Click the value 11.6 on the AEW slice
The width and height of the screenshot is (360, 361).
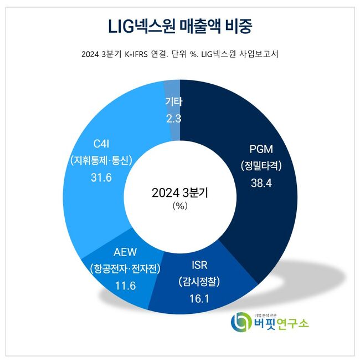pyautogui.click(x=125, y=287)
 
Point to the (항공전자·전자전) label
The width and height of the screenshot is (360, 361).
pyautogui.click(x=125, y=270)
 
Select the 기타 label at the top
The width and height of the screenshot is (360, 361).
pyautogui.click(x=173, y=101)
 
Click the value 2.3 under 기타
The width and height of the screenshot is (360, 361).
pyautogui.click(x=173, y=118)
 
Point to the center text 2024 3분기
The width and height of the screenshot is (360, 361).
pyautogui.click(x=180, y=193)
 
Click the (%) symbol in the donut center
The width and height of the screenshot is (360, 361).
pyautogui.click(x=180, y=206)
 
